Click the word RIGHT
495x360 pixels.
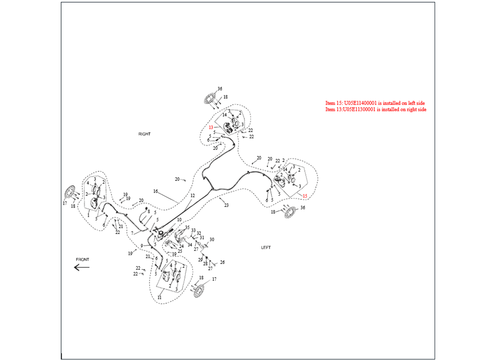click(144, 134)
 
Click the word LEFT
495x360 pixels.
click(266, 247)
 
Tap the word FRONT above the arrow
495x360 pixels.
click(82, 260)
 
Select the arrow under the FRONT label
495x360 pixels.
click(82, 267)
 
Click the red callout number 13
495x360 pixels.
click(211, 128)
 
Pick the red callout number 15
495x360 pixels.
click(305, 196)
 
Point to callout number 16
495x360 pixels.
click(155, 191)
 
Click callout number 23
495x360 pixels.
click(226, 205)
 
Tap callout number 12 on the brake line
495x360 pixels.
click(193, 196)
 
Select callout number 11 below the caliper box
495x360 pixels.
click(159, 297)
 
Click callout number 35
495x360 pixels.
click(187, 227)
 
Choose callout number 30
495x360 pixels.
click(212, 240)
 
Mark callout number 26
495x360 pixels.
click(222, 262)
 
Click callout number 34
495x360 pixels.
click(190, 245)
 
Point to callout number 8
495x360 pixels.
click(148, 211)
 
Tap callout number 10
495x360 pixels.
click(179, 220)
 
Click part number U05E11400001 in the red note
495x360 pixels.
click(360, 103)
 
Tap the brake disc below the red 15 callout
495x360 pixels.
click(290, 212)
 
